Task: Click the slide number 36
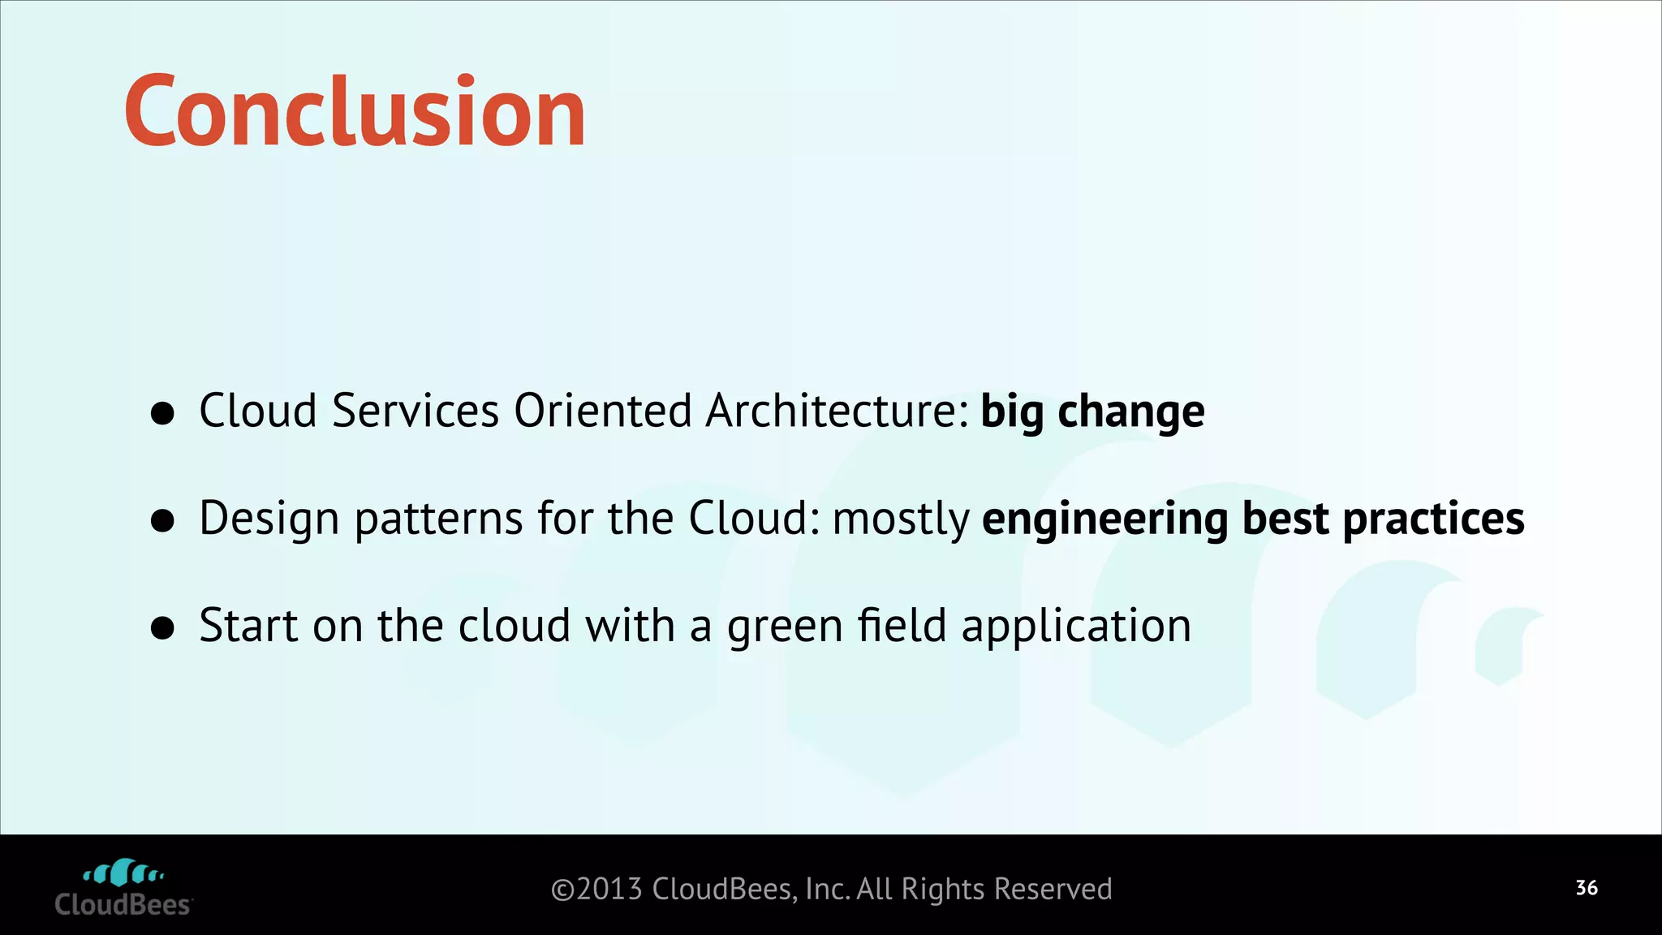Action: (x=1587, y=888)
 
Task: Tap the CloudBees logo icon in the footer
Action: (x=123, y=873)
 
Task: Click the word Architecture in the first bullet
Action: (x=837, y=411)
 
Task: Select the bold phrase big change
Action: (x=1092, y=411)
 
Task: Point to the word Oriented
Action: (x=602, y=411)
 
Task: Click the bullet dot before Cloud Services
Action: (x=163, y=413)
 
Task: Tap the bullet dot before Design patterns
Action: (x=163, y=521)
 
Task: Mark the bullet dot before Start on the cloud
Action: (x=163, y=628)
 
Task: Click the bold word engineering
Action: (x=1104, y=519)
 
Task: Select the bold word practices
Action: (x=1433, y=519)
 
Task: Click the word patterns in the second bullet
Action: (x=438, y=519)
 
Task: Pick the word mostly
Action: (x=901, y=519)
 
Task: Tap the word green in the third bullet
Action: (x=785, y=627)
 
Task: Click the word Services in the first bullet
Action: (x=415, y=411)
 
